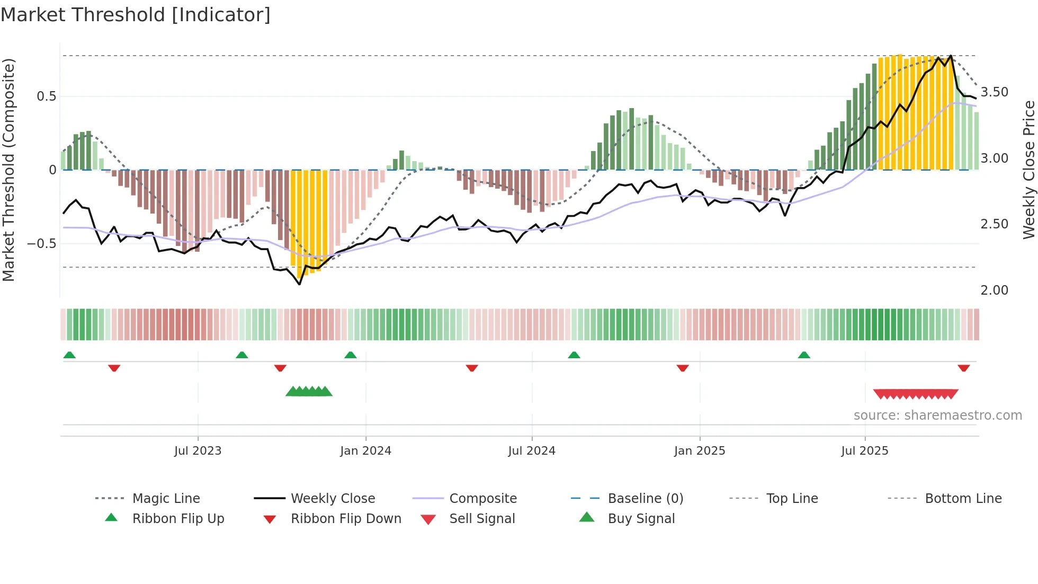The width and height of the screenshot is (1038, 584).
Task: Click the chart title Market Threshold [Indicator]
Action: point(136,15)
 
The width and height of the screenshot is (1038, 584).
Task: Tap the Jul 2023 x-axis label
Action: point(198,451)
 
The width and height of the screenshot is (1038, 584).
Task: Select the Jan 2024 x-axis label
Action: point(365,451)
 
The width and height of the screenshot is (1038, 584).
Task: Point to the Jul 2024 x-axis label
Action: point(532,451)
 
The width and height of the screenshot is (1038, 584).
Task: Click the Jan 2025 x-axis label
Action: point(700,451)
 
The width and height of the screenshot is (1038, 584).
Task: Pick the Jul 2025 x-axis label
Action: point(865,451)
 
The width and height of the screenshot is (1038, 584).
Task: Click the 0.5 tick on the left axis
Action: point(46,96)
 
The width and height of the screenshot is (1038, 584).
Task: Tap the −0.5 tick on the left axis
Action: point(42,244)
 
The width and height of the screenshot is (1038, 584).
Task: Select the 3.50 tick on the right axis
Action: point(995,92)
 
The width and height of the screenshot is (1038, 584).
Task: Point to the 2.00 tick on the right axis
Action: point(995,290)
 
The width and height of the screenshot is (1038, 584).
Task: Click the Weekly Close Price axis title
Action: point(1028,170)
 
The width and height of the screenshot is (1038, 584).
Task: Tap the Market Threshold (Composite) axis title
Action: point(8,170)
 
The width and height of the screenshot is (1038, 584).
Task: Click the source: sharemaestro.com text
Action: point(937,415)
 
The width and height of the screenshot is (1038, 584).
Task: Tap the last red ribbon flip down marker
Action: point(963,368)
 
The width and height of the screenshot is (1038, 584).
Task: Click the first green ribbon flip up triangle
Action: point(69,355)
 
